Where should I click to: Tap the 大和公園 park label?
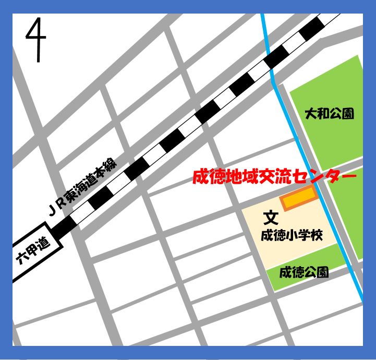click(x=329, y=114)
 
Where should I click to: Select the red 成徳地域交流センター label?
click(x=274, y=177)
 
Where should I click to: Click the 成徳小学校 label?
click(x=292, y=235)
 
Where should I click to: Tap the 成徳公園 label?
click(x=304, y=272)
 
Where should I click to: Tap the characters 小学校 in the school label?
click(x=305, y=235)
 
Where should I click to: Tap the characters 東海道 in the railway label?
click(x=84, y=187)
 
